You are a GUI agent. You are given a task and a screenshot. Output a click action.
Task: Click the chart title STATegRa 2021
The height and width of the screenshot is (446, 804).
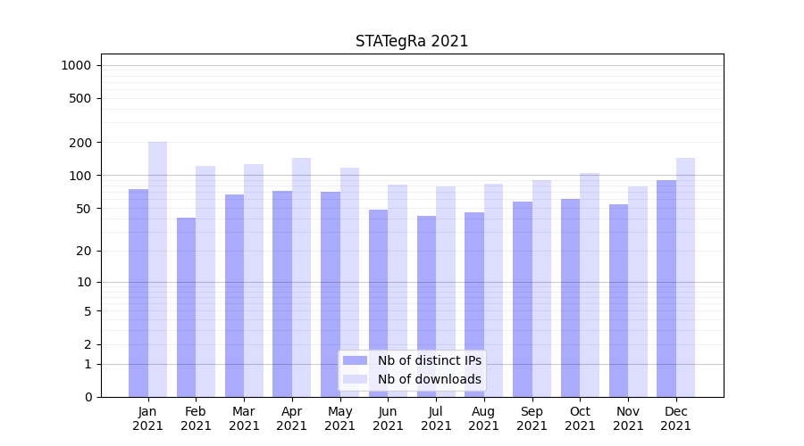click(412, 41)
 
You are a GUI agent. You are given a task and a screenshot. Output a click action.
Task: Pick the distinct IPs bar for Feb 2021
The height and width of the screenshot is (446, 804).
click(187, 307)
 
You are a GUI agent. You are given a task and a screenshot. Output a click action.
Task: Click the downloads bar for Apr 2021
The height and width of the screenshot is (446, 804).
click(302, 277)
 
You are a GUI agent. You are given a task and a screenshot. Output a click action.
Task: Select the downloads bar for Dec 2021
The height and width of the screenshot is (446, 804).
click(686, 277)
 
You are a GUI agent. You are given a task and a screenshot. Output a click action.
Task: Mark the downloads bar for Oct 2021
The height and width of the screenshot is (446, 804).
click(590, 285)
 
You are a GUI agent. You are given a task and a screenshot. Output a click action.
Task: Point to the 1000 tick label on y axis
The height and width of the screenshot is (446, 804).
click(76, 65)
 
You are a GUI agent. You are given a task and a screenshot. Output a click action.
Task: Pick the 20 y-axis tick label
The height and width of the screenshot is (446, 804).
click(85, 251)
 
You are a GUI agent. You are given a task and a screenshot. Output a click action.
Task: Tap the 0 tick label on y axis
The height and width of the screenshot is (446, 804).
click(88, 397)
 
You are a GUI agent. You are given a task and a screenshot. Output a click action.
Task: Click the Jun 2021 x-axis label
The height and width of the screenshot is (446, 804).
click(388, 418)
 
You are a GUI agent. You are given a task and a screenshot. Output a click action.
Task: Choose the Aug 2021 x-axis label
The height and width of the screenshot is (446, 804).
click(484, 418)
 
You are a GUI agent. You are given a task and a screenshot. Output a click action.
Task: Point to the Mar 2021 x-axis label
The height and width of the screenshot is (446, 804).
click(244, 418)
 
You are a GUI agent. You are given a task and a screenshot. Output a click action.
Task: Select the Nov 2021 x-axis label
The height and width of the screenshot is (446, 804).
click(628, 418)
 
